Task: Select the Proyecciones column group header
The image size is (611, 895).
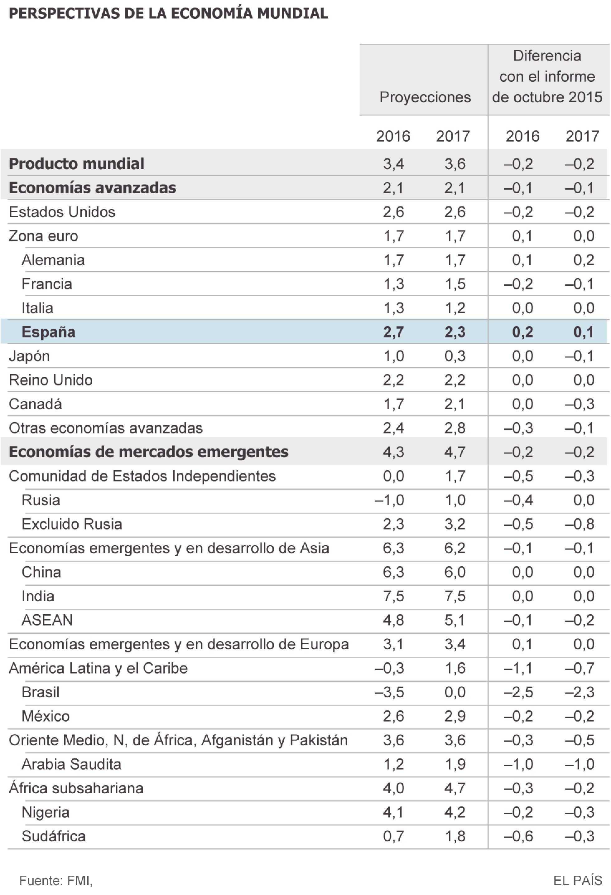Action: point(425,97)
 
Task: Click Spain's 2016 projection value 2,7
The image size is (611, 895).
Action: point(393,332)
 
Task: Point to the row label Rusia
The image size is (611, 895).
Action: point(41,500)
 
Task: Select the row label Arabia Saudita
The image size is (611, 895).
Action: point(71,764)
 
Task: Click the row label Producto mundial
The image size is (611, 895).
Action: point(77,164)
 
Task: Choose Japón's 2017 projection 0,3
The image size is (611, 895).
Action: point(455,356)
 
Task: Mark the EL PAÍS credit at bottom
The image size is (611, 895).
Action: point(578,880)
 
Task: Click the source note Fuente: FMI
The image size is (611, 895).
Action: point(56,880)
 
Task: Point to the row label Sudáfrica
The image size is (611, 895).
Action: point(54,836)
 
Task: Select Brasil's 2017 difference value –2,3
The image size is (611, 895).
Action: point(580,692)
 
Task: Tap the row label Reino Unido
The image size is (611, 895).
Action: point(51,380)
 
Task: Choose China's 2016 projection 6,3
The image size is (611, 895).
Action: point(393,572)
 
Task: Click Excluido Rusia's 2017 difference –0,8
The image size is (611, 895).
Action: point(580,524)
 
